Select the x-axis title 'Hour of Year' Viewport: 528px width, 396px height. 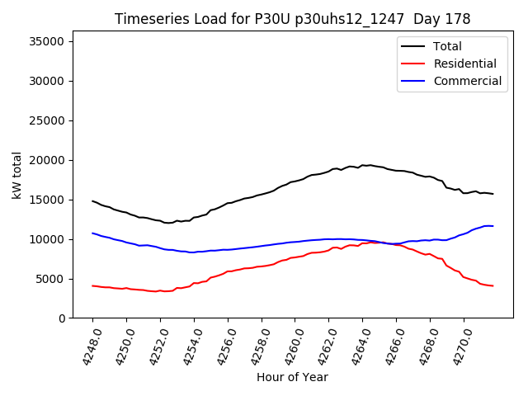(292, 377)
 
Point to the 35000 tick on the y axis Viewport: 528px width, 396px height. (51, 41)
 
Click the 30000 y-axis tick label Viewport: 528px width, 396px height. (51, 81)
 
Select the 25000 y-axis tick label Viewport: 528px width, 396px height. (51, 120)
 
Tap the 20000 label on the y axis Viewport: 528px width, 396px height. (51, 160)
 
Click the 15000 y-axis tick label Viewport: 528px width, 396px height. (51, 200)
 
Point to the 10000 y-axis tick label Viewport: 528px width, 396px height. (51, 239)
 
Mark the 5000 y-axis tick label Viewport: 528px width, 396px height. (54, 279)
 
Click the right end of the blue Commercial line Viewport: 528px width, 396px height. (493, 226)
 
